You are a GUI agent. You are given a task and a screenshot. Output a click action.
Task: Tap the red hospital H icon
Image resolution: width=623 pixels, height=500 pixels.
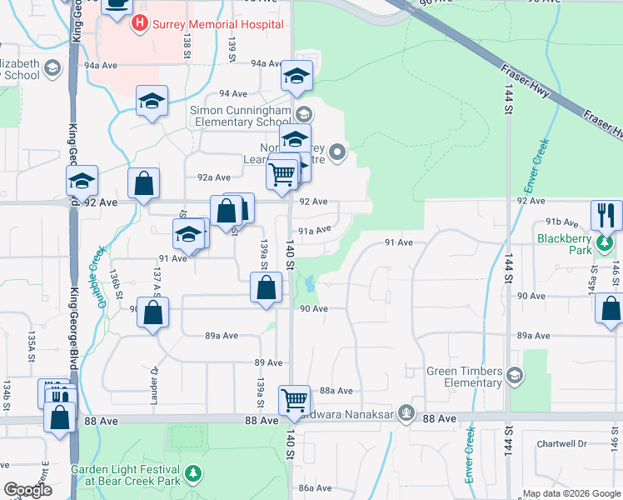tap(139, 25)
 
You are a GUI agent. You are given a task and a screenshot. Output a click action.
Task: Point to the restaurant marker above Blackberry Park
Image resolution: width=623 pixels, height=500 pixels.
tap(606, 215)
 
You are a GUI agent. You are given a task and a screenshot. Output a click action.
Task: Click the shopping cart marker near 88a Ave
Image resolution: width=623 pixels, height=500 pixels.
tap(295, 401)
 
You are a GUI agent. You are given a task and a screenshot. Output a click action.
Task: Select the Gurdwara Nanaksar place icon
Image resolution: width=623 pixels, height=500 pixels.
tap(406, 412)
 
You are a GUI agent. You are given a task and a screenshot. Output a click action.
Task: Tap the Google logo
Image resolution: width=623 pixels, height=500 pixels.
tap(27, 491)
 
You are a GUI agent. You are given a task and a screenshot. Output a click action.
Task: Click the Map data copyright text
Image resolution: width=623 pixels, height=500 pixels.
tap(571, 493)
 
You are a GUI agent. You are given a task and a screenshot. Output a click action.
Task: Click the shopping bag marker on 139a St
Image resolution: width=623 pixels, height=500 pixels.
tap(265, 290)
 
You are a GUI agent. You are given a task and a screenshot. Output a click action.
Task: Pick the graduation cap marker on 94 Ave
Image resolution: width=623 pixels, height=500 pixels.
tap(152, 101)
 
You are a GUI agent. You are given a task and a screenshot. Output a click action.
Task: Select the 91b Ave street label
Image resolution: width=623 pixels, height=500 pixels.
tap(562, 222)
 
